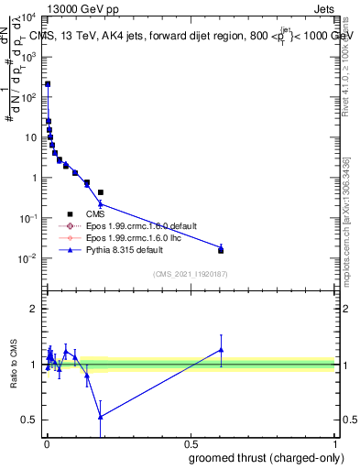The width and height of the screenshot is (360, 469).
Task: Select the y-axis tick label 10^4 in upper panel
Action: click(x=27, y=17)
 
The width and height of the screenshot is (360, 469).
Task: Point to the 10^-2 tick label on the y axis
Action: click(x=27, y=259)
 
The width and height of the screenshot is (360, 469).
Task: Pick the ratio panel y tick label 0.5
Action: click(x=31, y=420)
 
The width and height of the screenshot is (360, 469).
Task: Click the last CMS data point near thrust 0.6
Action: click(x=221, y=250)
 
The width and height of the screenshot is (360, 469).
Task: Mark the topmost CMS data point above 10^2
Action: click(x=48, y=83)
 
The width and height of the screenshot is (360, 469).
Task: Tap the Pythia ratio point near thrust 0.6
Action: click(x=221, y=349)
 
